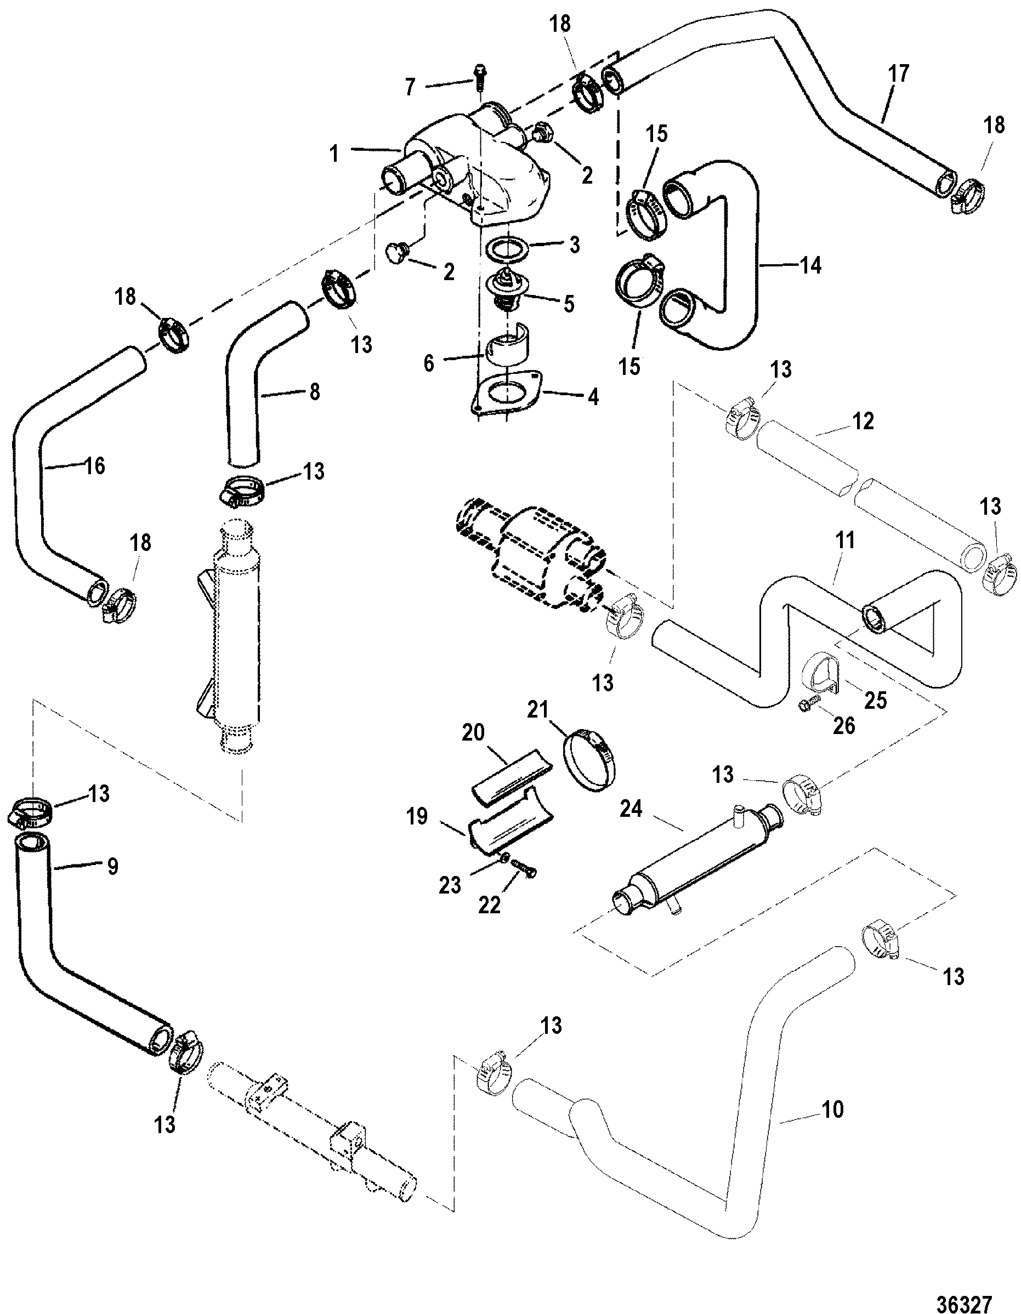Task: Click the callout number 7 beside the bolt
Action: click(x=410, y=87)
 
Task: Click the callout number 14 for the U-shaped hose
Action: click(x=810, y=265)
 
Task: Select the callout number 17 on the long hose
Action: click(x=898, y=74)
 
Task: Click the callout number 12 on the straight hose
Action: click(x=863, y=421)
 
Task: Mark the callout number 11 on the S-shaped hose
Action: click(x=846, y=541)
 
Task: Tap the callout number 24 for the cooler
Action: click(x=631, y=809)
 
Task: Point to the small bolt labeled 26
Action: click(x=810, y=704)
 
